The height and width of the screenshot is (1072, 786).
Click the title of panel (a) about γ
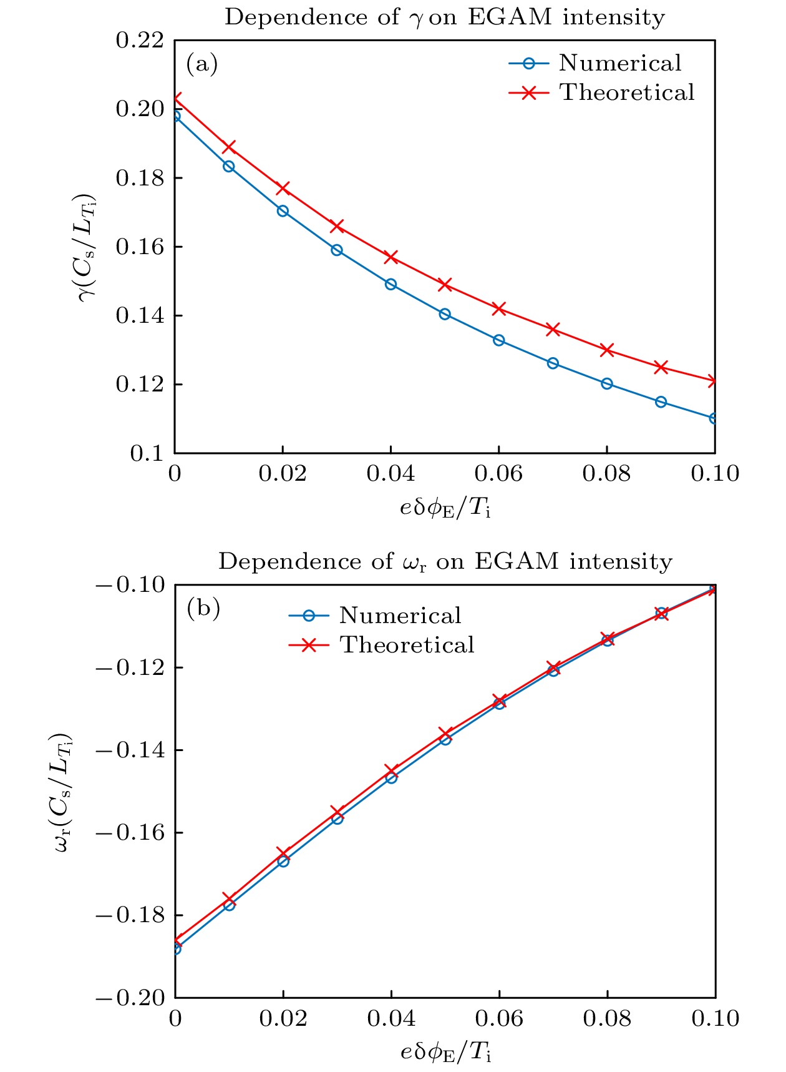click(x=444, y=17)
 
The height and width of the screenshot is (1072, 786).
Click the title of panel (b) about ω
click(x=445, y=562)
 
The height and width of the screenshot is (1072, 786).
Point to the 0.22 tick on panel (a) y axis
click(x=140, y=41)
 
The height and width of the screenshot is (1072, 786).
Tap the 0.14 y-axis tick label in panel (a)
click(x=140, y=316)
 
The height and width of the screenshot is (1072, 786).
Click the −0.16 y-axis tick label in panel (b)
click(x=130, y=833)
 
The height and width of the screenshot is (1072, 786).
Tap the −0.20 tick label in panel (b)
click(x=130, y=998)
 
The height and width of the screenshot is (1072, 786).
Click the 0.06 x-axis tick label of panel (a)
click(x=498, y=474)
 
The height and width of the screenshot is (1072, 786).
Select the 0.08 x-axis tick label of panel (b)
click(x=607, y=1019)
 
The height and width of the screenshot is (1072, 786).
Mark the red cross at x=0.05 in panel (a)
click(x=445, y=285)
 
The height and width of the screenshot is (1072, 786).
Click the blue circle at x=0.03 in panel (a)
click(x=337, y=250)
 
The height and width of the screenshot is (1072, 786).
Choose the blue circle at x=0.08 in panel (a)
click(x=607, y=383)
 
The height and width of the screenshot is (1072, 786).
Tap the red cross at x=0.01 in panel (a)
click(x=229, y=147)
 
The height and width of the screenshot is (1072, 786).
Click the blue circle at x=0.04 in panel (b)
click(x=391, y=778)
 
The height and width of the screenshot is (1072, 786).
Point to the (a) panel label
click(x=202, y=64)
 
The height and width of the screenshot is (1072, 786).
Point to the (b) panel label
click(x=203, y=608)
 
